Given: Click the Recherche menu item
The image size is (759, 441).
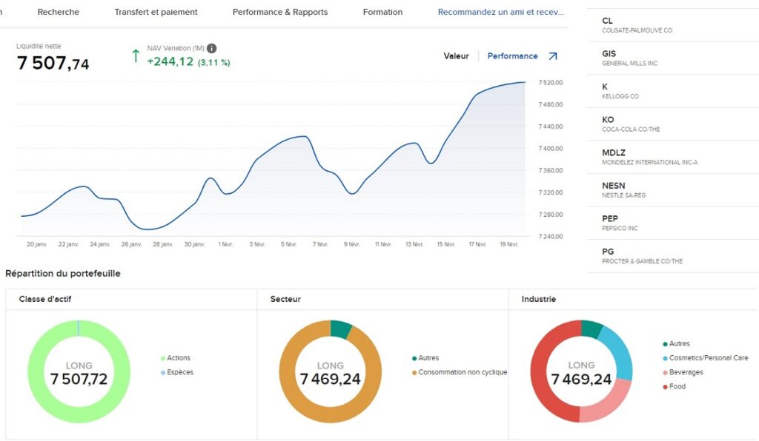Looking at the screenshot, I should coord(58,13).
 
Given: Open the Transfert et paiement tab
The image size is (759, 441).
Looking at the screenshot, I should coord(156,13).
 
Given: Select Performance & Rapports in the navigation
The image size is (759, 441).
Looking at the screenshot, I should coord(279,13).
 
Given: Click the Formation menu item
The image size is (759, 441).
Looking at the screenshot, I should coord(382,13).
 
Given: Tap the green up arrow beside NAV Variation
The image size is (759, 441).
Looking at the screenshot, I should coord(135,56).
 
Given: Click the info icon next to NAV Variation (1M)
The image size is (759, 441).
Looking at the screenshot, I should coord(212,48).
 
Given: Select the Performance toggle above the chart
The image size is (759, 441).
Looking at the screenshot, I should coord(512,56).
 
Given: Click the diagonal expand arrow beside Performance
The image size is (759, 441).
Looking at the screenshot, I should coord(552,56).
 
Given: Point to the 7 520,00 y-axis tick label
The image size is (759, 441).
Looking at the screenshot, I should coord(551,83).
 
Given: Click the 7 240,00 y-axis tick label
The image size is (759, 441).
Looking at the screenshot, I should coord(551,237).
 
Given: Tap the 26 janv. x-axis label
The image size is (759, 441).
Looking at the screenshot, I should coord(130,244).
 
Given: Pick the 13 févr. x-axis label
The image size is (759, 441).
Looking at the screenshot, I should coord(414,244).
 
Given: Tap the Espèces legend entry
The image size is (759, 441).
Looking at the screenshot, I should coord(180,372).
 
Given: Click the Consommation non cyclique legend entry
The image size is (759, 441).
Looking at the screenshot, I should coord(462,372).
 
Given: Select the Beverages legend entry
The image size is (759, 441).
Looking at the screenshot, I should coord(686,372).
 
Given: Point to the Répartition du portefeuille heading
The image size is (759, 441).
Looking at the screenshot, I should coord(62,274).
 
